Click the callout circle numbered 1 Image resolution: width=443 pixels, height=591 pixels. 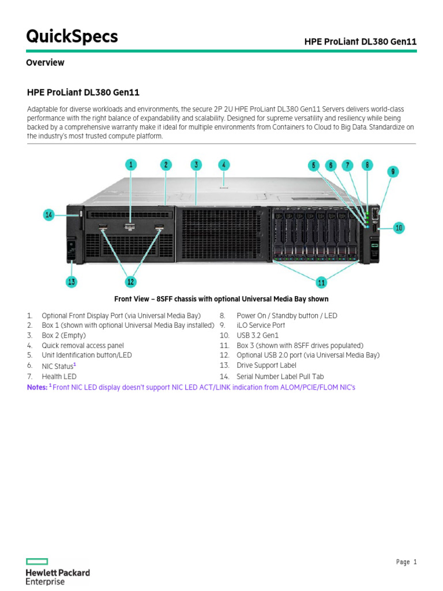tap(131, 165)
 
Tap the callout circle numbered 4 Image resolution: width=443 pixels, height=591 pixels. tap(224, 164)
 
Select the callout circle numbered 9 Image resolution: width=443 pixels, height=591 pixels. tap(392, 171)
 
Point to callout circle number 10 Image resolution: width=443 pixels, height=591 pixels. tap(399, 228)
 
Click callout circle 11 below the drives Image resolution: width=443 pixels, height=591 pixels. tap(321, 282)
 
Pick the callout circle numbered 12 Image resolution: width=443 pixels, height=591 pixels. tap(131, 282)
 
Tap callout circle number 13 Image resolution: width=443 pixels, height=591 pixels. tap(71, 282)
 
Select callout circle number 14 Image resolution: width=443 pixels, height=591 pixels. tap(49, 215)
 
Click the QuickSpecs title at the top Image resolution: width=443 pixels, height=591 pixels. tap(72, 36)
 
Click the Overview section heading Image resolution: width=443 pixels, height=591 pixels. tap(45, 63)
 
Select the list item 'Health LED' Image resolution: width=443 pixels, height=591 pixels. tap(59, 376)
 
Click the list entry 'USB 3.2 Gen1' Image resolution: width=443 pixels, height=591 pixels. tap(257, 335)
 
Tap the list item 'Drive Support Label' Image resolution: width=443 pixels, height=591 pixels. tap(266, 365)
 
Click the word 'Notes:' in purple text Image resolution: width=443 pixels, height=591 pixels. tap(37, 387)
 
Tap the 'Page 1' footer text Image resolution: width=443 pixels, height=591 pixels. tap(406, 562)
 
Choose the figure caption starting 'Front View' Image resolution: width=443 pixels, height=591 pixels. tap(221, 299)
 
